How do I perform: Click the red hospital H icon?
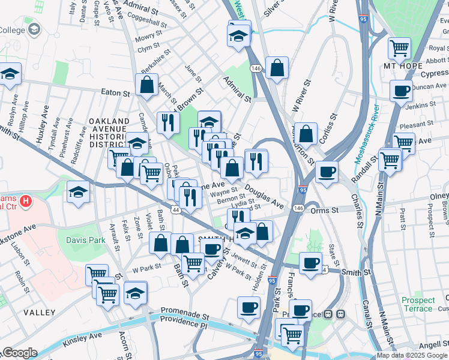26,200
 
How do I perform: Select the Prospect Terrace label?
418,304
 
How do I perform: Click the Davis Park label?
85,240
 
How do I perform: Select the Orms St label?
325,210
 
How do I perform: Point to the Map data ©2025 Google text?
412,355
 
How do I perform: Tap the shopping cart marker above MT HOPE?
399,47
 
